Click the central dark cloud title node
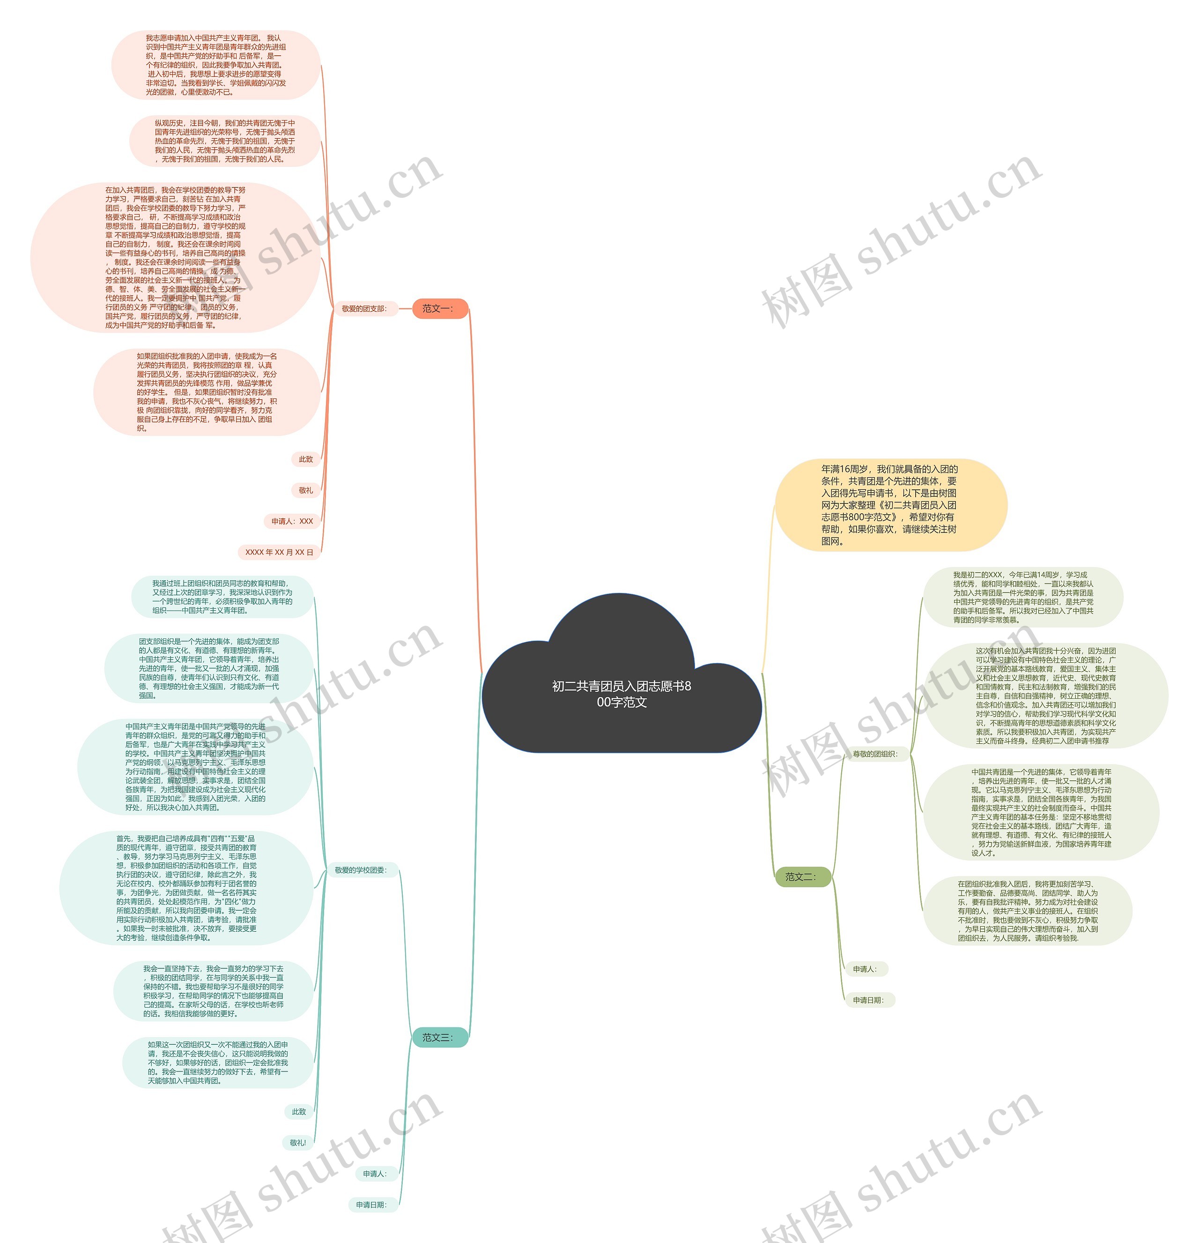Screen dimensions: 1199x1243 621,694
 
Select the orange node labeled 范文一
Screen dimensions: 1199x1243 440,309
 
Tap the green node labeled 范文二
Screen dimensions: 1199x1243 802,877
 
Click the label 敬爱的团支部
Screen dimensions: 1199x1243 364,309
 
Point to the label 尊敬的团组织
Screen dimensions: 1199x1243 875,754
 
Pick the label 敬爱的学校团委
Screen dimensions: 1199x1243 361,870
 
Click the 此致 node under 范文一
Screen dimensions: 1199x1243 306,459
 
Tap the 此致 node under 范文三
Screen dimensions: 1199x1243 299,1112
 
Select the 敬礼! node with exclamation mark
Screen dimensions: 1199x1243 298,1143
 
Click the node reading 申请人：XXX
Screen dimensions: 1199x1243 292,521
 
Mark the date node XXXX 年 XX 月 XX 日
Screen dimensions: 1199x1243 279,553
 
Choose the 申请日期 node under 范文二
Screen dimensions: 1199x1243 869,1000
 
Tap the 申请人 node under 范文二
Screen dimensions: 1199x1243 866,969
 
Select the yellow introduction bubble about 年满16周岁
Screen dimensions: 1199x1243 890,505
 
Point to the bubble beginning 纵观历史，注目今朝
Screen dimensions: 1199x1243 224,141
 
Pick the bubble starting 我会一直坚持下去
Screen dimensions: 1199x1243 213,991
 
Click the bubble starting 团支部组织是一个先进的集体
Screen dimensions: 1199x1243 209,668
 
